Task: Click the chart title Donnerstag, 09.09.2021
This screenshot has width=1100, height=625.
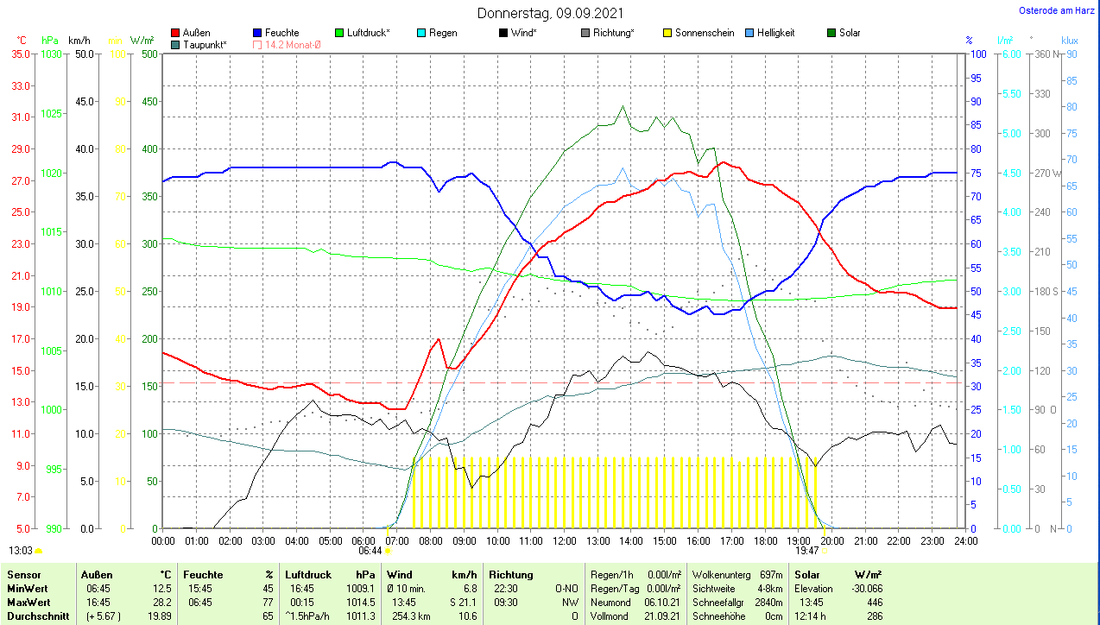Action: (550, 13)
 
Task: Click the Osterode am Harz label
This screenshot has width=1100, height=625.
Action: (1057, 11)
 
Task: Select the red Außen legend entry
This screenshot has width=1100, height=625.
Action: (196, 33)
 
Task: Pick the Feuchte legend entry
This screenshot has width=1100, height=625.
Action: (281, 33)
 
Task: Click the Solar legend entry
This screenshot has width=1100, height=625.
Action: (850, 33)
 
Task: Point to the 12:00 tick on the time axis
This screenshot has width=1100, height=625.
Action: (564, 540)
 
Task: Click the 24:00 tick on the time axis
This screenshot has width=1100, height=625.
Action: (964, 540)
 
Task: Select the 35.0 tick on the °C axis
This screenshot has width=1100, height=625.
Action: (21, 54)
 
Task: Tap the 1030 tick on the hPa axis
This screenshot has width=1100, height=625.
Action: (52, 54)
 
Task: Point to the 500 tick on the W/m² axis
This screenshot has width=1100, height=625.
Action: (149, 54)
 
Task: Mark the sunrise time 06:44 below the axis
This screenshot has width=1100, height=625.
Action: (370, 550)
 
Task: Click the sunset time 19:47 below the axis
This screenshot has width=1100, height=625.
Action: (806, 550)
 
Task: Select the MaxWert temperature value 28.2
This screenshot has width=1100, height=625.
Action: (161, 602)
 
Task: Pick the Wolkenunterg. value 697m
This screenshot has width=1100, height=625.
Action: (771, 575)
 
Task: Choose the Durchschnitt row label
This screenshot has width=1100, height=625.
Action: (33, 616)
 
